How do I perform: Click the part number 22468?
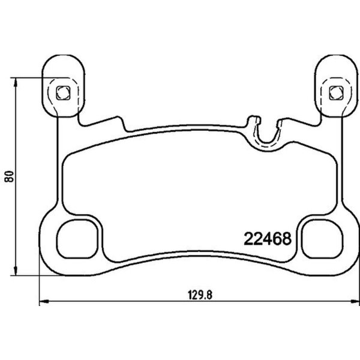(267, 238)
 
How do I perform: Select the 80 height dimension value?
(9, 176)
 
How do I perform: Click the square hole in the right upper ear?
(334, 92)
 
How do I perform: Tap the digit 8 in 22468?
(286, 238)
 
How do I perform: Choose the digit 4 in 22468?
(267, 238)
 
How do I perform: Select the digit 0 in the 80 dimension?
(9, 173)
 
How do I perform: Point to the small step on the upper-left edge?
(125, 123)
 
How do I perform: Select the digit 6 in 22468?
(277, 238)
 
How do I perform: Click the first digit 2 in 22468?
(248, 238)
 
